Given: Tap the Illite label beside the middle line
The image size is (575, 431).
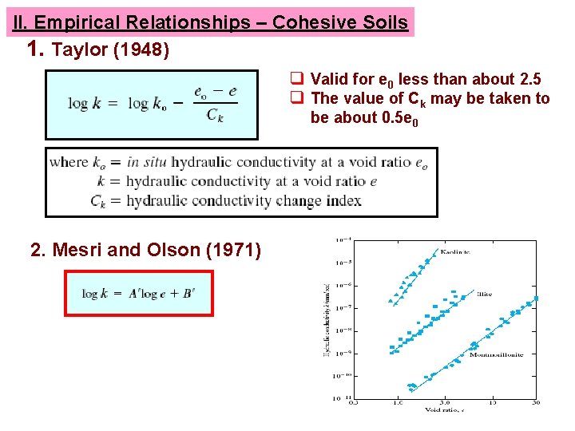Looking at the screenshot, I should point(484,294).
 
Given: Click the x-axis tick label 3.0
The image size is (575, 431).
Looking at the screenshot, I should point(444,402).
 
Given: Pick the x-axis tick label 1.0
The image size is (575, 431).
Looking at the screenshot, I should point(398,402).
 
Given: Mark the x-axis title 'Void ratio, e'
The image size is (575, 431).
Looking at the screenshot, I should point(444,410).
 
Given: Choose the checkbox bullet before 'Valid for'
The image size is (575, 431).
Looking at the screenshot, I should point(295,79).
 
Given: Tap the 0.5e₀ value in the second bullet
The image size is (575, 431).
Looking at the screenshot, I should point(398,118).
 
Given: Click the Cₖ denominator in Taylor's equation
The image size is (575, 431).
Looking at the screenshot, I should point(214,115).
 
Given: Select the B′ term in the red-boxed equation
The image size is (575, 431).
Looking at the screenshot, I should point(188,293).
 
